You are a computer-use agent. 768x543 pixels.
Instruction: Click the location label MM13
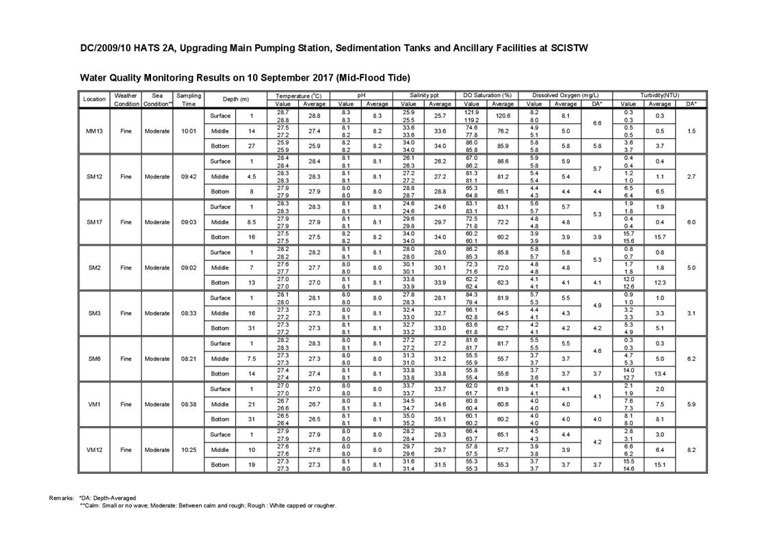click(x=94, y=131)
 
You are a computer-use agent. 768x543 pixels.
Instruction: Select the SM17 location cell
click(x=94, y=222)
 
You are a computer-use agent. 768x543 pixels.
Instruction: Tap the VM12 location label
click(x=94, y=450)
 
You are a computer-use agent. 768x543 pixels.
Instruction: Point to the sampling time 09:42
click(x=189, y=176)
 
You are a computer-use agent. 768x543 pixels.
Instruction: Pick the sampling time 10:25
click(x=189, y=450)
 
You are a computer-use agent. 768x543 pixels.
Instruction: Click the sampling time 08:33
click(x=189, y=313)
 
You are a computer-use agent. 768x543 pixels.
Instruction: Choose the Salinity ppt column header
click(x=424, y=96)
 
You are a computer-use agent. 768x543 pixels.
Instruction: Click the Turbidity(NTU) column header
click(x=659, y=96)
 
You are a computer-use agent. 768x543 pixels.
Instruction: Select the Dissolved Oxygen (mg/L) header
click(x=566, y=96)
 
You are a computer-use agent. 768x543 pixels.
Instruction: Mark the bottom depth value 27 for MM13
click(x=252, y=146)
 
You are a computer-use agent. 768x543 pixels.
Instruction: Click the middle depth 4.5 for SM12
click(x=252, y=176)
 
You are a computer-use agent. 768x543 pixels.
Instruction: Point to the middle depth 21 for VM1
click(x=252, y=404)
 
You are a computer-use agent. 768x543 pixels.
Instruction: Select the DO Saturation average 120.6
click(x=503, y=116)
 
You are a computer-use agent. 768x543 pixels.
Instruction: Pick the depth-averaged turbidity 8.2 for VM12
click(x=691, y=450)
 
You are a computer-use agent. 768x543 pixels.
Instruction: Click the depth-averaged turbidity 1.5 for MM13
click(x=691, y=131)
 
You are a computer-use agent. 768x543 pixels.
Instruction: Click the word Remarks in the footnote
click(x=62, y=498)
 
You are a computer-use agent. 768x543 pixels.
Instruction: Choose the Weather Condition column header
click(x=126, y=100)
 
